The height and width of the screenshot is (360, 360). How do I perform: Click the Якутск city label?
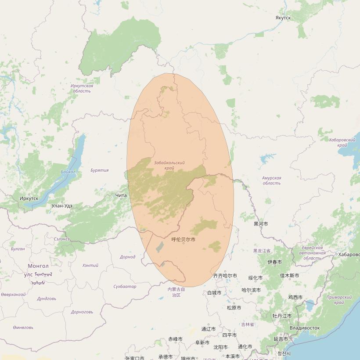pyautogui.click(x=283, y=18)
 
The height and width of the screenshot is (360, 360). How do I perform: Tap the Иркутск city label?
pyautogui.click(x=29, y=198)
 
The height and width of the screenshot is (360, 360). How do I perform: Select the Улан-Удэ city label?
pyautogui.click(x=62, y=205)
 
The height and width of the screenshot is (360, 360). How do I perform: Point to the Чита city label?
pyautogui.click(x=121, y=195)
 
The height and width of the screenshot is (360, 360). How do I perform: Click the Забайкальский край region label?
pyautogui.click(x=169, y=165)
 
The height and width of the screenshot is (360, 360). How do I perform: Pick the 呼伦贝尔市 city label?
pyautogui.click(x=183, y=239)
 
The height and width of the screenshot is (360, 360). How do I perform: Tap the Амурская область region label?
pyautogui.click(x=271, y=180)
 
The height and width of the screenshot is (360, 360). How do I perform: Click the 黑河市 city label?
pyautogui.click(x=260, y=224)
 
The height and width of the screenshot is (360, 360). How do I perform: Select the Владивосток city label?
pyautogui.click(x=305, y=328)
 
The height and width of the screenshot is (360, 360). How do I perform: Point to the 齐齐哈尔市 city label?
pyautogui.click(x=225, y=276)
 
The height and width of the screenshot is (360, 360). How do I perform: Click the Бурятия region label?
pyautogui.click(x=99, y=170)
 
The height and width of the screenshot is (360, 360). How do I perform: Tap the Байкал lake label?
pyautogui.click(x=68, y=172)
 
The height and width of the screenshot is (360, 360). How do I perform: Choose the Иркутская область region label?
pyautogui.click(x=82, y=88)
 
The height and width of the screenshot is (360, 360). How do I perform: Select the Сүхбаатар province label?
pyautogui.click(x=125, y=287)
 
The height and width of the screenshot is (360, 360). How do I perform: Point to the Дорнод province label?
pyautogui.click(x=127, y=257)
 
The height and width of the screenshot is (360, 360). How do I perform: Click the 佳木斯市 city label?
pyautogui.click(x=289, y=276)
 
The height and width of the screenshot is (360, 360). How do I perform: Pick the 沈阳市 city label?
pyautogui.click(x=220, y=347)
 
